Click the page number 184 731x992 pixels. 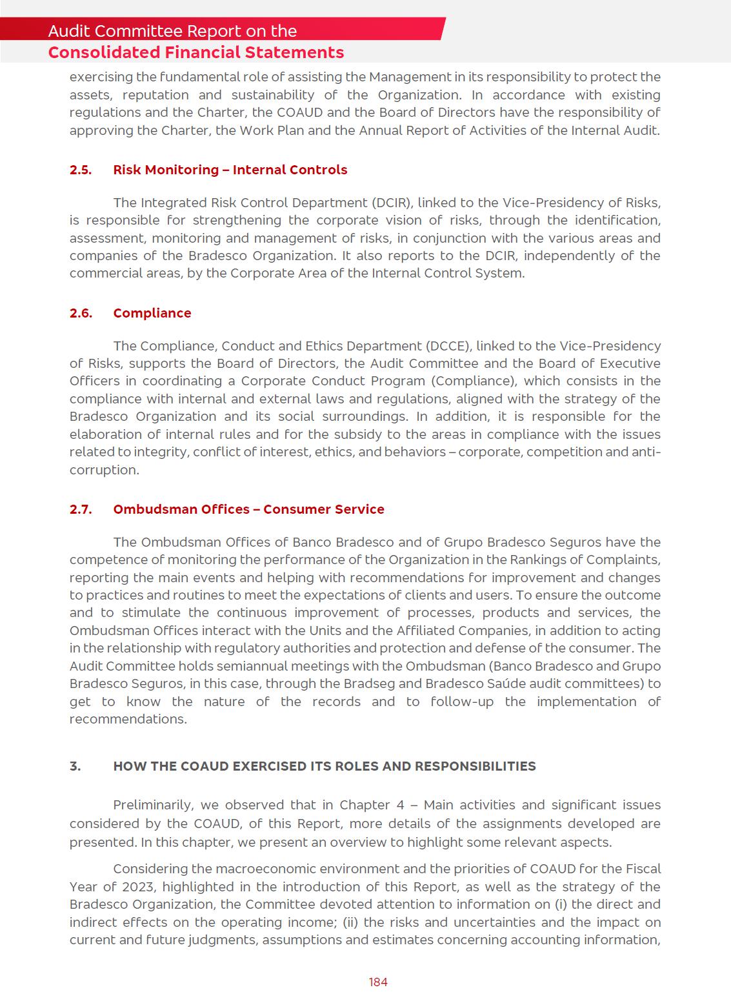pos(378,982)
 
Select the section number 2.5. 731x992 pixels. pos(81,170)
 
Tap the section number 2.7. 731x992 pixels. pos(81,509)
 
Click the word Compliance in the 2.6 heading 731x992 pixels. pos(152,313)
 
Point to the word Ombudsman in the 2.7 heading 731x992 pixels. pos(155,509)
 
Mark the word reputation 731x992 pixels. pos(155,95)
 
